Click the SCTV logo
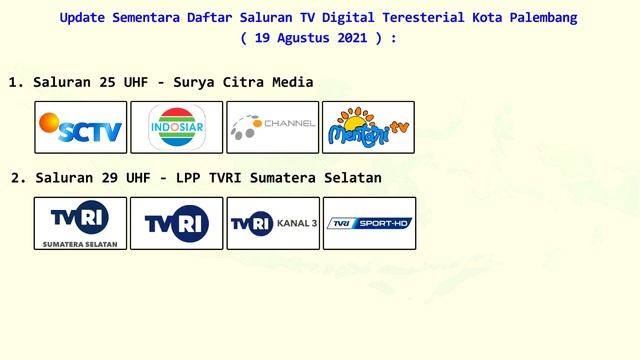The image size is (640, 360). point(80,127)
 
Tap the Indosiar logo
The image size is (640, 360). point(176,127)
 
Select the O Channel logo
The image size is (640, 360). point(272,127)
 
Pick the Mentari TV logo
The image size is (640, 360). point(368,127)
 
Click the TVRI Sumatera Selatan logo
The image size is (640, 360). point(80,223)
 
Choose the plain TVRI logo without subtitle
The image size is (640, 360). point(176,223)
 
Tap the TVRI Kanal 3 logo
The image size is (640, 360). point(272,223)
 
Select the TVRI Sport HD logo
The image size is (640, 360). point(368,223)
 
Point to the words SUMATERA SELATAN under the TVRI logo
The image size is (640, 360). point(80,243)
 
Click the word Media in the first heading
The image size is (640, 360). point(292,82)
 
